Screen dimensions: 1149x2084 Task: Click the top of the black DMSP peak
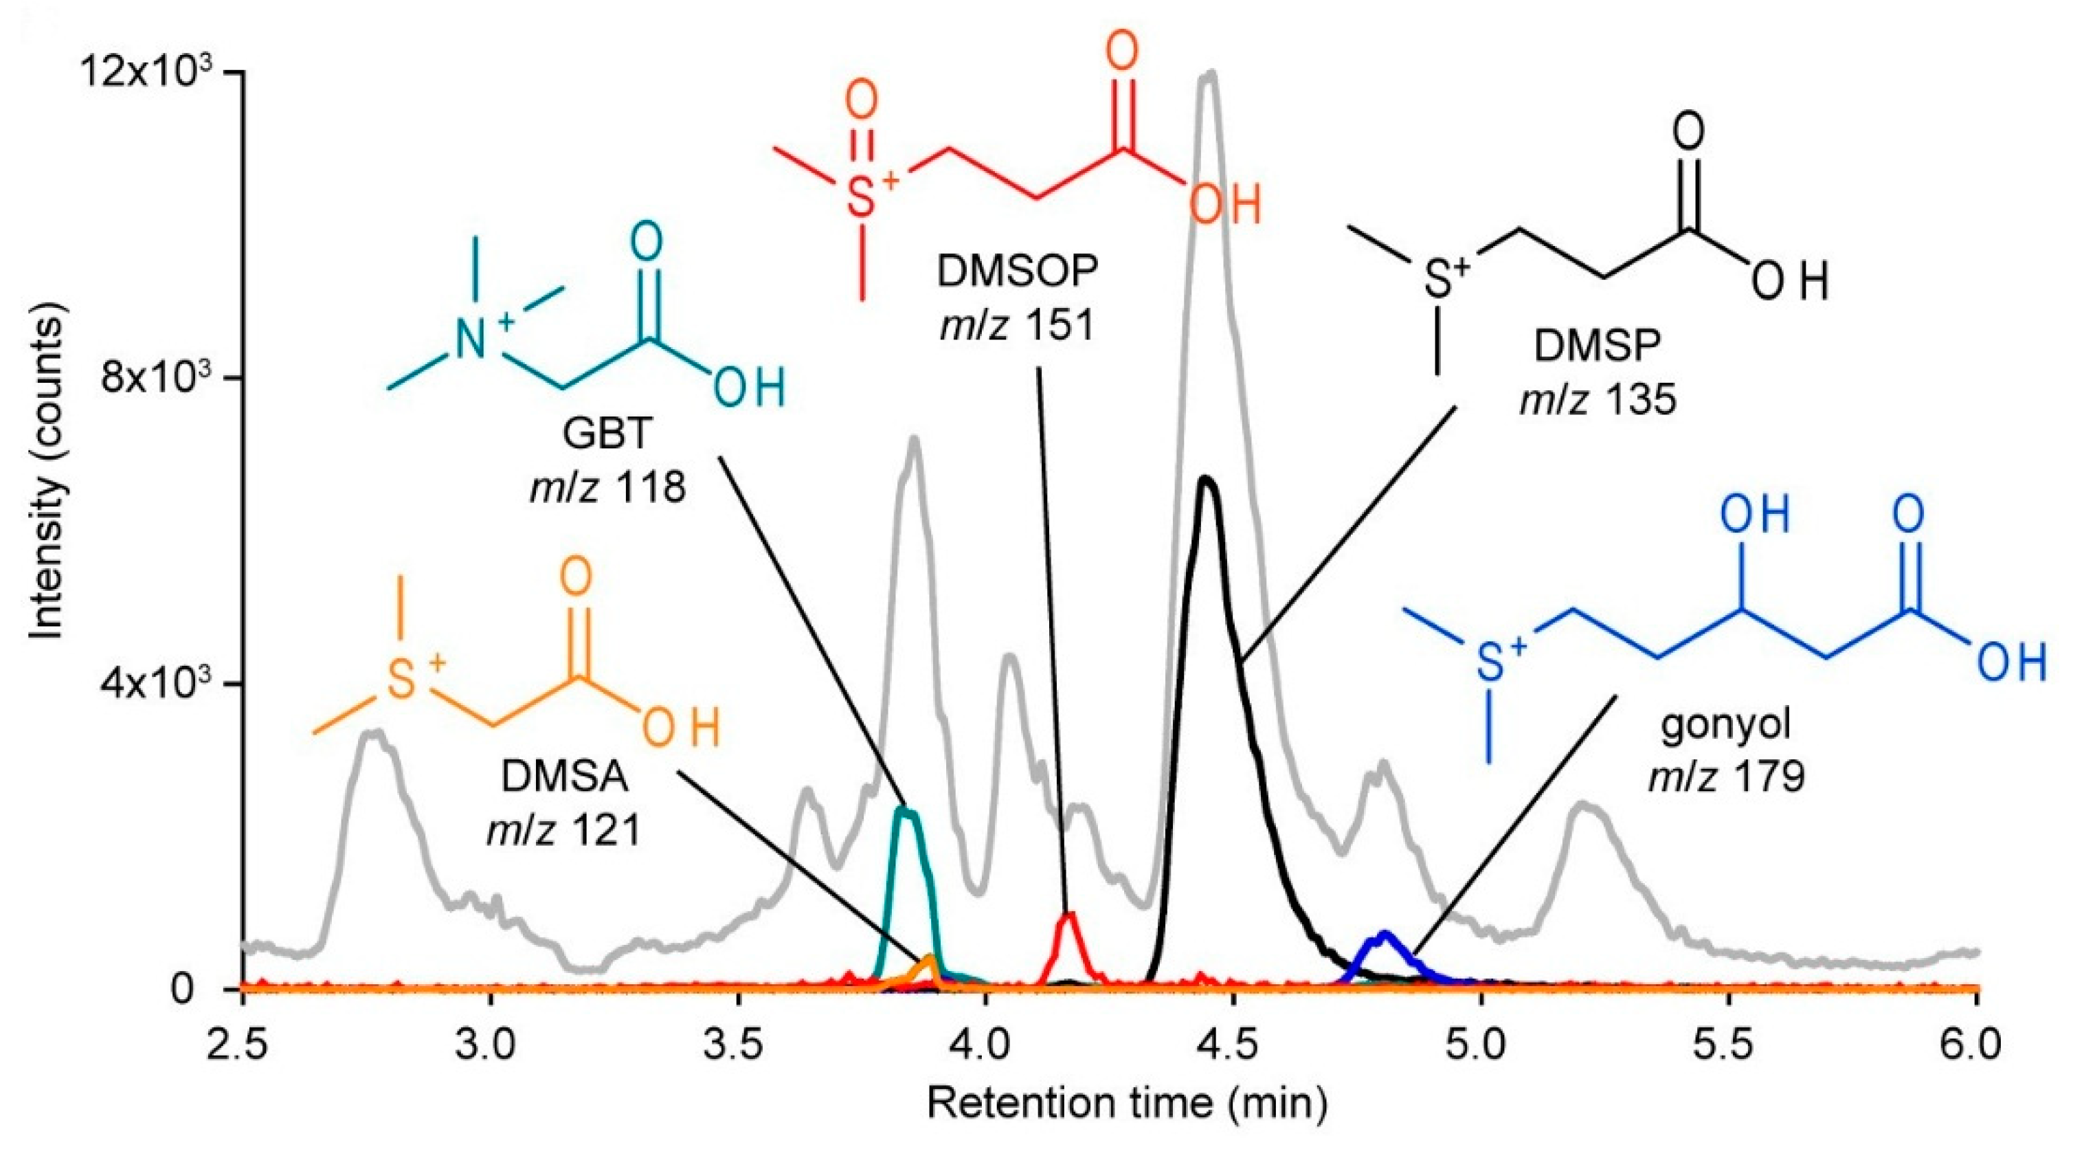click(1207, 480)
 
